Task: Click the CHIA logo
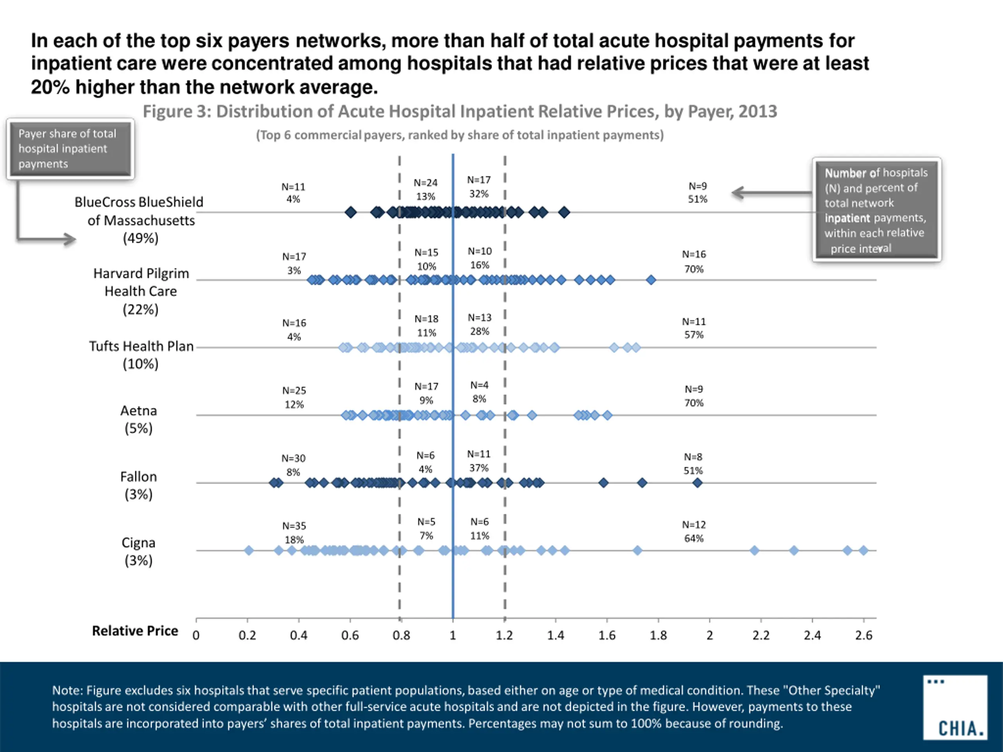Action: point(955,707)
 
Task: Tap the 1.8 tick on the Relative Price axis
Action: point(658,635)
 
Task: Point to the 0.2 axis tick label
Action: point(247,635)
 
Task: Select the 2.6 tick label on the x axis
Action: point(864,635)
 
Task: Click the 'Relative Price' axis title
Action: point(135,631)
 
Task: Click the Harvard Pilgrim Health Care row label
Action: point(141,291)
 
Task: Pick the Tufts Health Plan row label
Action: point(141,354)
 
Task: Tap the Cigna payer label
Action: point(139,551)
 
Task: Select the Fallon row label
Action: point(139,485)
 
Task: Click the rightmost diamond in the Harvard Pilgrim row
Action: point(651,280)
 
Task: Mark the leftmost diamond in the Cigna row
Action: point(248,550)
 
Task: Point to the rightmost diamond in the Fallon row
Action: point(697,483)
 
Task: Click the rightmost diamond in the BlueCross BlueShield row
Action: point(564,212)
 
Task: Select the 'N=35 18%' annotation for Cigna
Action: point(294,533)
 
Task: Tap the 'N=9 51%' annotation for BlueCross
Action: point(697,193)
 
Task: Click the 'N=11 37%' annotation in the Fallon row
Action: point(479,461)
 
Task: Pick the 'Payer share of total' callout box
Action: point(70,149)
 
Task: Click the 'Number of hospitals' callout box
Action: point(876,210)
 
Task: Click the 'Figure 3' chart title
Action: point(460,112)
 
